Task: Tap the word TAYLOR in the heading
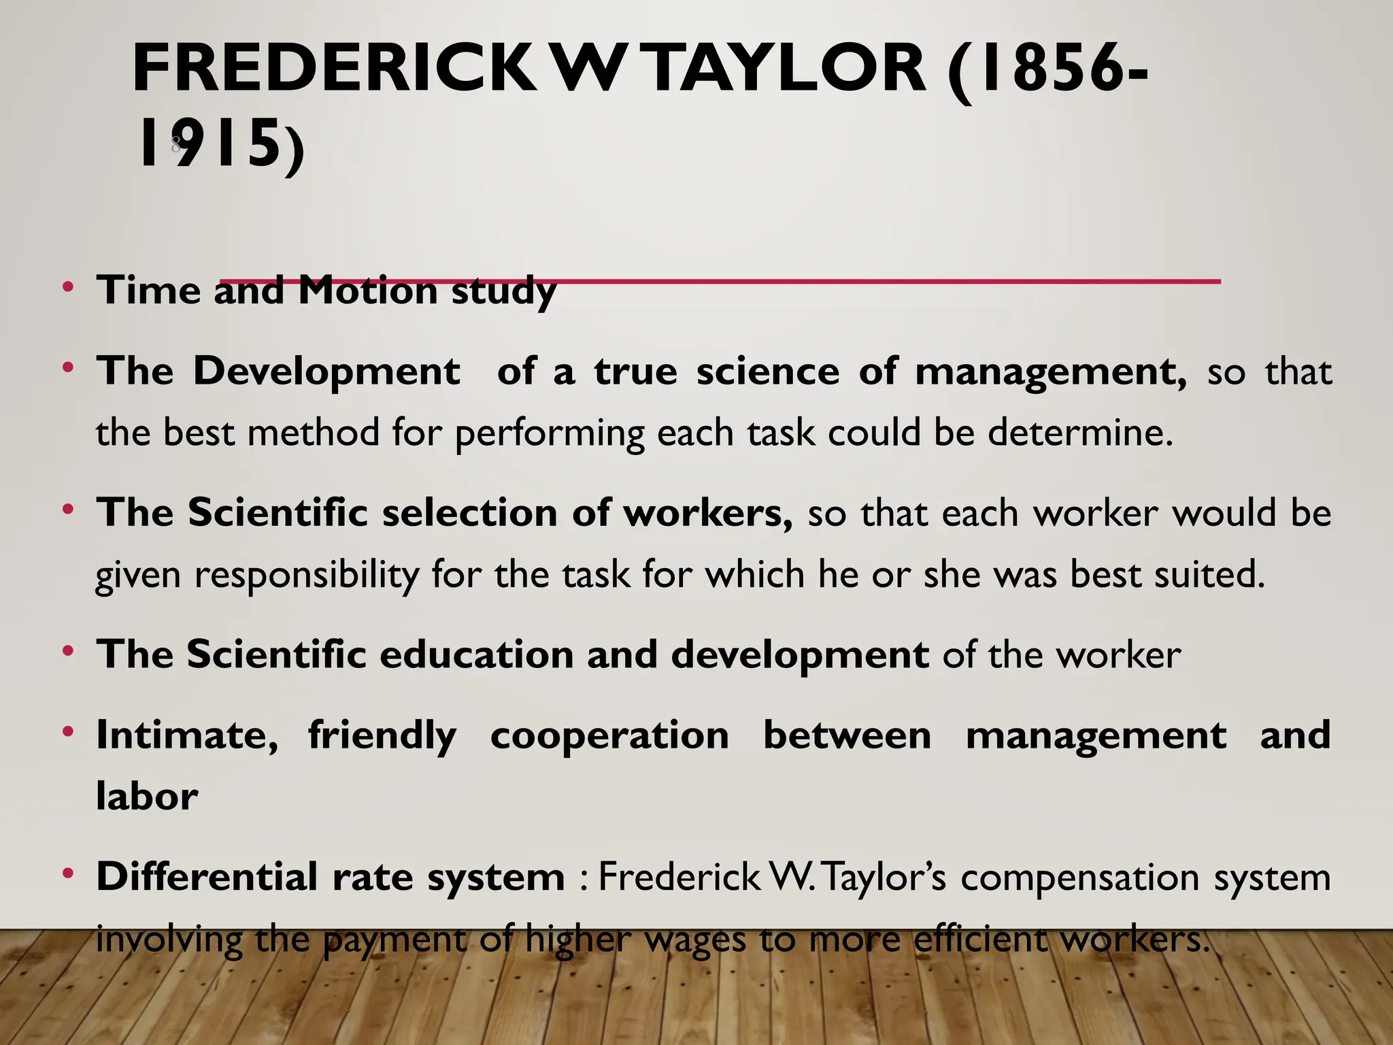coord(785,68)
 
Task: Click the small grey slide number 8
coord(175,144)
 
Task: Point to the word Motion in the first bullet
coord(368,291)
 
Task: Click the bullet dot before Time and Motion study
coord(67,286)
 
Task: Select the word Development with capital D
coord(326,371)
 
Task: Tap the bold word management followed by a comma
coord(1050,373)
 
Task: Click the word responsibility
coord(307,576)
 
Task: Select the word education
coord(476,654)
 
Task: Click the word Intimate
coord(187,735)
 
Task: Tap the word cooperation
coord(609,735)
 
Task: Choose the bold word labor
coord(147,796)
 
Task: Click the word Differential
coord(207,876)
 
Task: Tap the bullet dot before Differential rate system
coord(67,873)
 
